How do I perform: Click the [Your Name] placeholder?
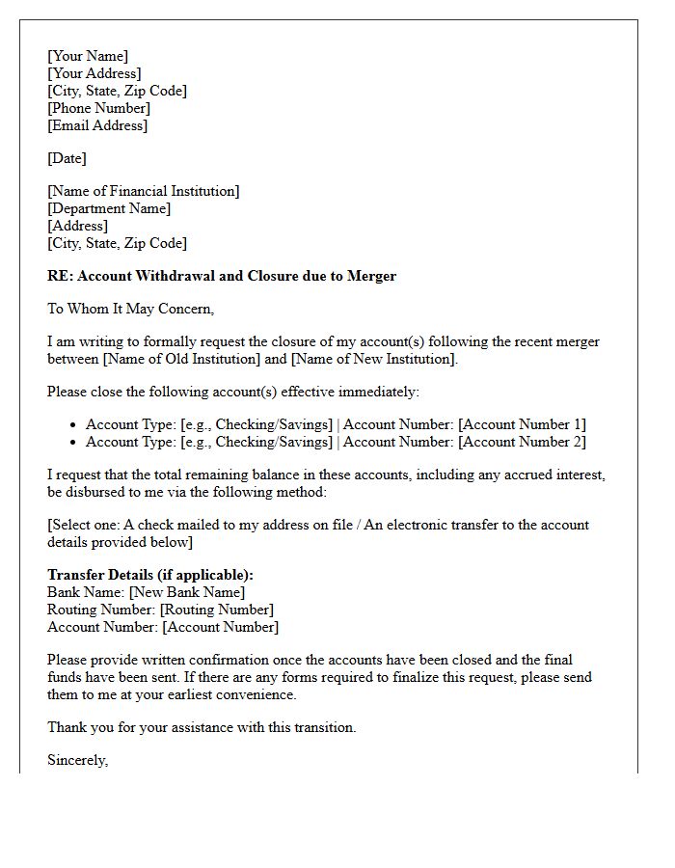[88, 56]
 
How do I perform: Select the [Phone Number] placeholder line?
[98, 108]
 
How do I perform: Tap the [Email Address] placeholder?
[97, 125]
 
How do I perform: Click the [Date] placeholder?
[67, 158]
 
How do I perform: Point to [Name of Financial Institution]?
[144, 191]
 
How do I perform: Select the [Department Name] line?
[109, 208]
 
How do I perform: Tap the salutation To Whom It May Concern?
[130, 309]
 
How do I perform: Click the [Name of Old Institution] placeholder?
[196, 359]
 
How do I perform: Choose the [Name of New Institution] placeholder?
[373, 359]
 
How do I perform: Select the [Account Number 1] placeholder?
[522, 424]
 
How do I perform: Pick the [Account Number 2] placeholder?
[522, 442]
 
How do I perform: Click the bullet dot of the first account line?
[73, 425]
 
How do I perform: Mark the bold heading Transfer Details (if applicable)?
[150, 575]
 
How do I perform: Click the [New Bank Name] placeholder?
[187, 592]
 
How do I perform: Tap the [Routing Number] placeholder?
[217, 610]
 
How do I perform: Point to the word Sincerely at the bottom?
[78, 760]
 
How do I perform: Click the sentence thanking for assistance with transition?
[202, 727]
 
